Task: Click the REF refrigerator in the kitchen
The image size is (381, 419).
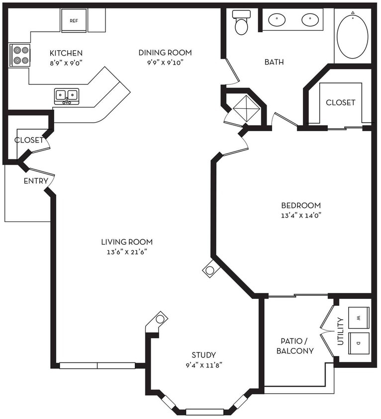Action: [x=74, y=20]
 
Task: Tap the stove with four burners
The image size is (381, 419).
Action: [x=19, y=55]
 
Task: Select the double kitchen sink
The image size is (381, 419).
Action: [x=67, y=96]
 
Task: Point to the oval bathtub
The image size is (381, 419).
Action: [x=352, y=35]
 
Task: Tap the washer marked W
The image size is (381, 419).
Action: [x=359, y=317]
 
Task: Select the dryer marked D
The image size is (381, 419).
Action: [x=359, y=344]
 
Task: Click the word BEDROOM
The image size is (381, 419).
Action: [x=301, y=206]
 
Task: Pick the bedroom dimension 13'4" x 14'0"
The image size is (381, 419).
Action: [x=301, y=215]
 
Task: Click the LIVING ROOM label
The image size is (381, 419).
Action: [x=127, y=242]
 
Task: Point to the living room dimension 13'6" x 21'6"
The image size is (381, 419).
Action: [x=127, y=252]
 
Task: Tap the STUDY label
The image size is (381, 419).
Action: [x=204, y=355]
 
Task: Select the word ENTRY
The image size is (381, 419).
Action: [x=36, y=181]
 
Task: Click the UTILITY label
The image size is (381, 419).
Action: [x=340, y=331]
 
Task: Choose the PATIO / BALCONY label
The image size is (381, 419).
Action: [x=295, y=346]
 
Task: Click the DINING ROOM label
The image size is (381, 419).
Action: [x=165, y=53]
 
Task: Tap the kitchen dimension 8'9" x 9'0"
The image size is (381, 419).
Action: [x=66, y=63]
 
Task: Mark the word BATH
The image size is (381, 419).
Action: [x=274, y=62]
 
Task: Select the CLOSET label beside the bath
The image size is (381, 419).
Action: [x=341, y=102]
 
